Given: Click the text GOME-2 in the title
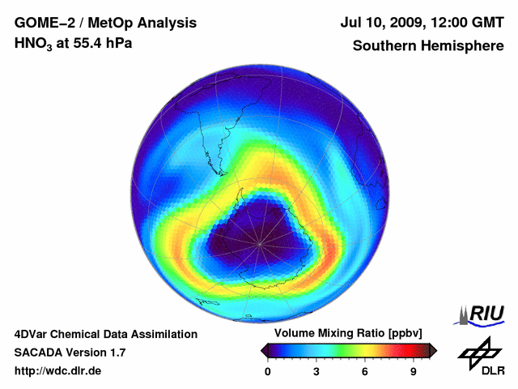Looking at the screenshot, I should click(x=42, y=23).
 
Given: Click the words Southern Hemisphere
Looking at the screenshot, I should click(x=428, y=46).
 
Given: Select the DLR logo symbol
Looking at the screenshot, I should click(x=479, y=353).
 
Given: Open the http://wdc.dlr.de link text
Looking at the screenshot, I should click(x=58, y=371).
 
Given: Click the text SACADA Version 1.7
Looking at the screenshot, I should click(x=70, y=353).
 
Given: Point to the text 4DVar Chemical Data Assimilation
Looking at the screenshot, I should click(x=105, y=334).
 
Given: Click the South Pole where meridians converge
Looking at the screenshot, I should click(x=261, y=242).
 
